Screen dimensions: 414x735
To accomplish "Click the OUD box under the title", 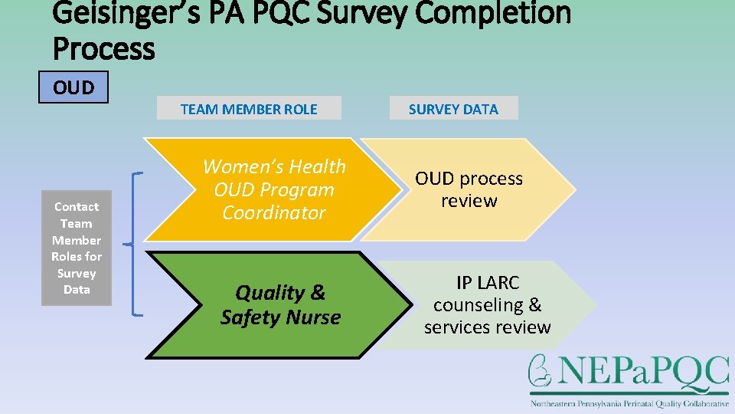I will pos(73,87).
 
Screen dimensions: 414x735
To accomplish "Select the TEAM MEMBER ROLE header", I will pos(249,109).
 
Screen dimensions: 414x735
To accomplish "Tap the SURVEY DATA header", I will pos(453,109).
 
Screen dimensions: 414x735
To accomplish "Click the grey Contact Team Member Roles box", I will pos(77,248).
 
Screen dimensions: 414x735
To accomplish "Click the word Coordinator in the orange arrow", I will pos(273,212).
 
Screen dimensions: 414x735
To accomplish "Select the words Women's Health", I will pos(274,166).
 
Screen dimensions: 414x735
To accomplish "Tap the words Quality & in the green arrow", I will pos(280,292).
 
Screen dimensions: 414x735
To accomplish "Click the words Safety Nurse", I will pos(280,317).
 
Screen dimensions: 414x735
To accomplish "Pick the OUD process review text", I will pos(469,189).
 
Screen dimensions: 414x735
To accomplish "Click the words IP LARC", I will pos(488,282).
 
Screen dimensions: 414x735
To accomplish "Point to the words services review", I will pos(488,327).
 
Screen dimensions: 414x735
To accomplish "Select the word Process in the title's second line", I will pos(104,48).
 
